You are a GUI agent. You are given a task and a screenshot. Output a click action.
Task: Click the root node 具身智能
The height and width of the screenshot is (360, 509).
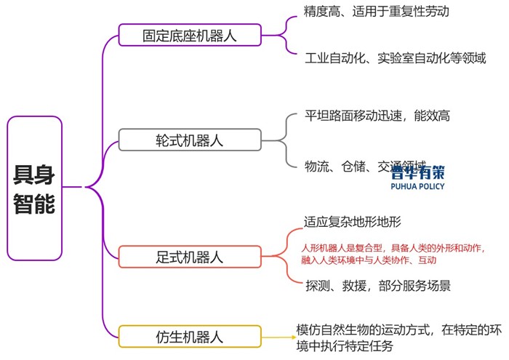34,188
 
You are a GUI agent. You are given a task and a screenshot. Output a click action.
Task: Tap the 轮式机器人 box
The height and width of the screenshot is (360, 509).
189,140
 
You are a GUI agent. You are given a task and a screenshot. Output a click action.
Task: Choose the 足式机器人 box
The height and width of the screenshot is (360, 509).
189,257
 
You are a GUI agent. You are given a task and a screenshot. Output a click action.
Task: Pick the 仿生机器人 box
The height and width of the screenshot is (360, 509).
189,337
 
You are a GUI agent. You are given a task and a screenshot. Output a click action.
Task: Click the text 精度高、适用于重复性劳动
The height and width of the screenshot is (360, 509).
377,12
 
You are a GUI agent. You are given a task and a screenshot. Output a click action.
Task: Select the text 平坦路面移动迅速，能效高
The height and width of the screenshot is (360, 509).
382,116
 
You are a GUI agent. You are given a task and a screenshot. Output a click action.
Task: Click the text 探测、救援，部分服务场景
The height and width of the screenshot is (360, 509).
378,286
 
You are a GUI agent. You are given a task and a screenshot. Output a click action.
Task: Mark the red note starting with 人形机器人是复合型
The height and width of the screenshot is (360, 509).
393,253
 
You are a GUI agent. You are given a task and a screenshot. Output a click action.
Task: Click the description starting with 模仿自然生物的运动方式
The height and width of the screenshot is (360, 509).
398,337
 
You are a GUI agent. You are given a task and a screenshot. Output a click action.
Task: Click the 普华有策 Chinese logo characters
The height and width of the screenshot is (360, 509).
417,172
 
